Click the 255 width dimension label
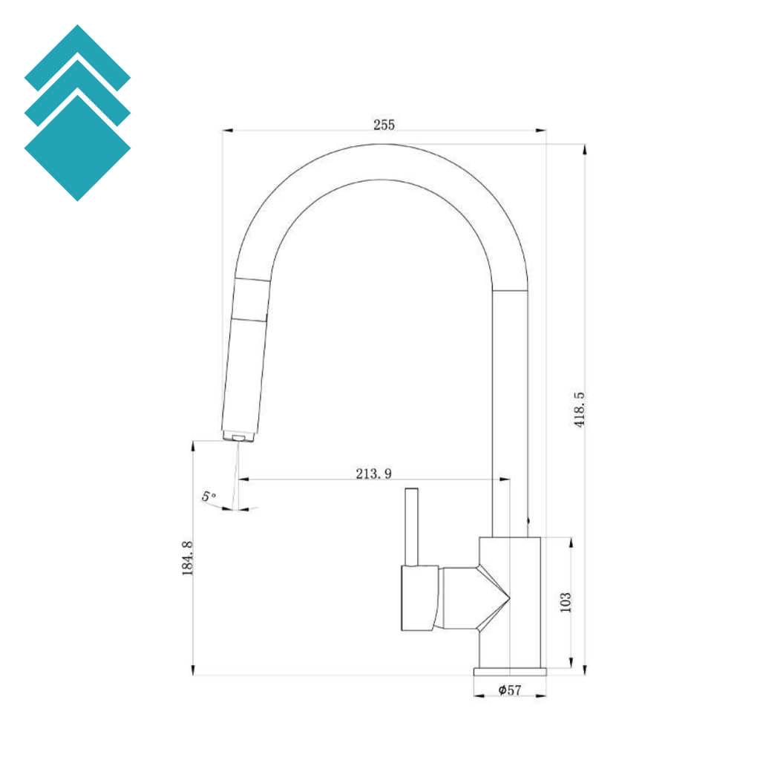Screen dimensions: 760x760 click(x=384, y=125)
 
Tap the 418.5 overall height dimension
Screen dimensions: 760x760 click(x=579, y=410)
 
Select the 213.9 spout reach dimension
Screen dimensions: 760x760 click(x=374, y=474)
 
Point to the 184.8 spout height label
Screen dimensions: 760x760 click(x=188, y=558)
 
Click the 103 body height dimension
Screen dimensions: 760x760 click(x=566, y=603)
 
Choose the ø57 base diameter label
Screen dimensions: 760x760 click(x=510, y=689)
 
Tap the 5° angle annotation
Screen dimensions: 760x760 click(x=209, y=497)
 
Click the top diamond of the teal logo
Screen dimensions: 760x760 click(x=77, y=53)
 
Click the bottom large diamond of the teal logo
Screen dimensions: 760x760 click(x=77, y=148)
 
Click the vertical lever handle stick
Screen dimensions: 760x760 click(x=411, y=527)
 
